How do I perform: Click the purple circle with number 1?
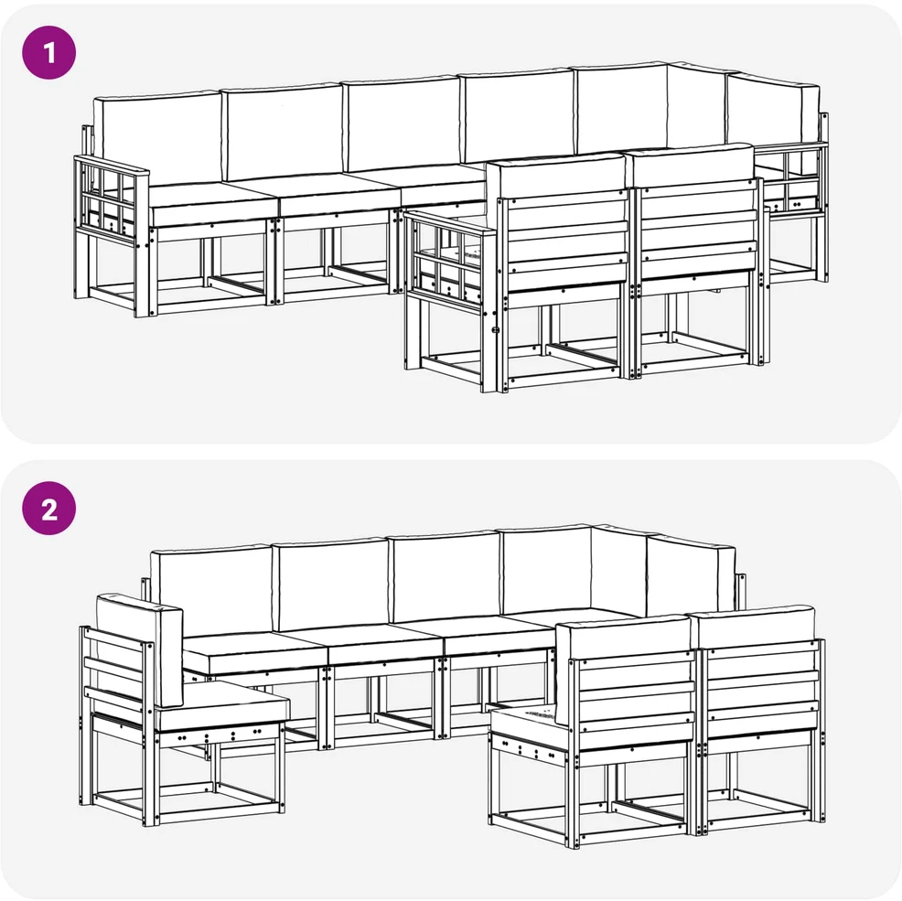point(48,52)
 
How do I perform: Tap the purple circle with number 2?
point(48,509)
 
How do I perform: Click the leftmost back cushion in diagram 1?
point(157,140)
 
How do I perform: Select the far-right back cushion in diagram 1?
point(774,110)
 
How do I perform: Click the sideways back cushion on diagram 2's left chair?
point(139,649)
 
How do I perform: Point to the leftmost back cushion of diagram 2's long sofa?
point(211,590)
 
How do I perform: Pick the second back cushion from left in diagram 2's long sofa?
point(331,584)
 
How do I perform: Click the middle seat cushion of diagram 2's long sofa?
point(385,643)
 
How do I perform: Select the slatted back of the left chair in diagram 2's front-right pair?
point(635,701)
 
